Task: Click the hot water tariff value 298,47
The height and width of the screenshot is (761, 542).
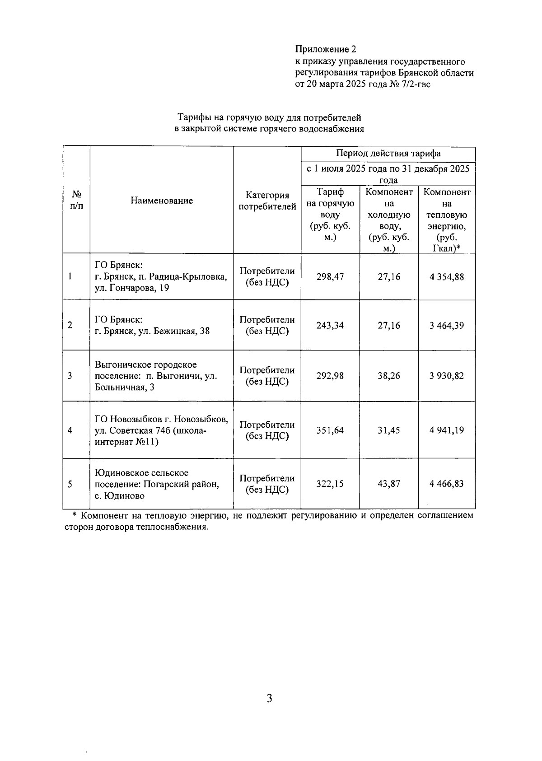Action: click(330, 277)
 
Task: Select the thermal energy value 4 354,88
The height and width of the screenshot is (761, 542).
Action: click(446, 277)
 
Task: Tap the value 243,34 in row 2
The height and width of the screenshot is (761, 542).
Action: click(330, 326)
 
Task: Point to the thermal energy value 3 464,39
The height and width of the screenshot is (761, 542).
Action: click(446, 326)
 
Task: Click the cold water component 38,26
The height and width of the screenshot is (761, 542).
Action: click(388, 376)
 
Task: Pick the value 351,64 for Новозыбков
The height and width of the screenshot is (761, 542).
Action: click(330, 430)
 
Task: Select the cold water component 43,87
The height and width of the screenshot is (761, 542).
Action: click(388, 484)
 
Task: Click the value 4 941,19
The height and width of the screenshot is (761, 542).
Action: click(446, 430)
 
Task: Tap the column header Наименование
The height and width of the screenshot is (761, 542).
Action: click(162, 201)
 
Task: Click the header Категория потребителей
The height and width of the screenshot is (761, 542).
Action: click(267, 201)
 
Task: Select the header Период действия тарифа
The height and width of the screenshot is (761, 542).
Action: click(388, 154)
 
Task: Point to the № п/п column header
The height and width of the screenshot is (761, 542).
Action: click(76, 200)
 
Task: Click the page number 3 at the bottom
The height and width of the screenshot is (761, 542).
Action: click(270, 699)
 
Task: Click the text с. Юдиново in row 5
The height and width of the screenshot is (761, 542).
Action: click(119, 496)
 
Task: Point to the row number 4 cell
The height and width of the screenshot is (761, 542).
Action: click(70, 430)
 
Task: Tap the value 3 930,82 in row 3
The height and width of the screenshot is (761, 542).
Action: click(446, 376)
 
